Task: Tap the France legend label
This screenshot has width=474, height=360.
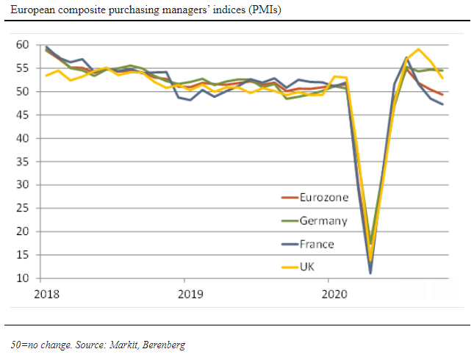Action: pos(317,244)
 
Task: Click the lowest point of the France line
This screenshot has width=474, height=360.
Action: pos(370,273)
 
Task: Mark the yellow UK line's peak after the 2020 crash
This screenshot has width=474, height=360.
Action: pos(418,49)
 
